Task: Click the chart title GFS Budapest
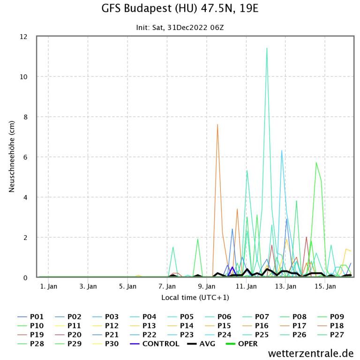click(180, 9)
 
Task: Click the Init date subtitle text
click(180, 28)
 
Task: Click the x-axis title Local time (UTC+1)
click(195, 298)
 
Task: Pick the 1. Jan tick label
click(49, 286)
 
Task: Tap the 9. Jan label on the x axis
click(207, 286)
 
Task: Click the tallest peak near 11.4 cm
click(267, 48)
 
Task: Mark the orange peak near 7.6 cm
click(217, 124)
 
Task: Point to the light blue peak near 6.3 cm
click(282, 150)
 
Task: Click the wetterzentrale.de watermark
click(311, 353)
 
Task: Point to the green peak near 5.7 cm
click(316, 163)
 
